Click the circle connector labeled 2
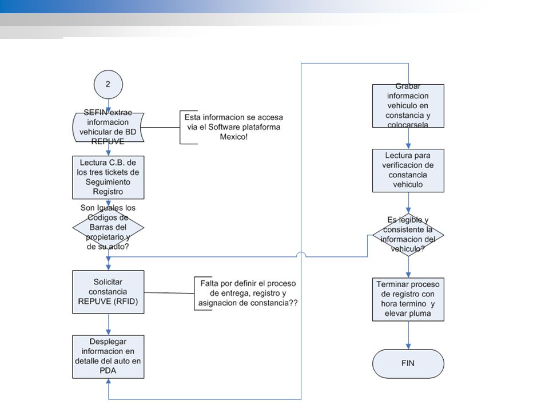(108, 85)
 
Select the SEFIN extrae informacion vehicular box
(108, 127)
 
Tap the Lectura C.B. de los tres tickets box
(108, 177)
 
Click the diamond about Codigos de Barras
(108, 227)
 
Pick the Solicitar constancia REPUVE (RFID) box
(108, 292)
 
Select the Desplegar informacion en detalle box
(108, 356)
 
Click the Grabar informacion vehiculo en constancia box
(408, 106)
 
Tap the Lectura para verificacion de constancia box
(408, 171)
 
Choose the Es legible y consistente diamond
(408, 235)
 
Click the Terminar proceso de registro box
(408, 299)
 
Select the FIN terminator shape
(408, 364)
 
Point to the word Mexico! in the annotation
(234, 137)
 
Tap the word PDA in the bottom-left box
(108, 371)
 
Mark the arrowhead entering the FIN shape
(408, 346)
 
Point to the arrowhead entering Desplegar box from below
(109, 382)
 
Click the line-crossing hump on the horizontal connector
(301, 254)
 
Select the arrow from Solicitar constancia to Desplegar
(109, 324)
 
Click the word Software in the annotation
(224, 127)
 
